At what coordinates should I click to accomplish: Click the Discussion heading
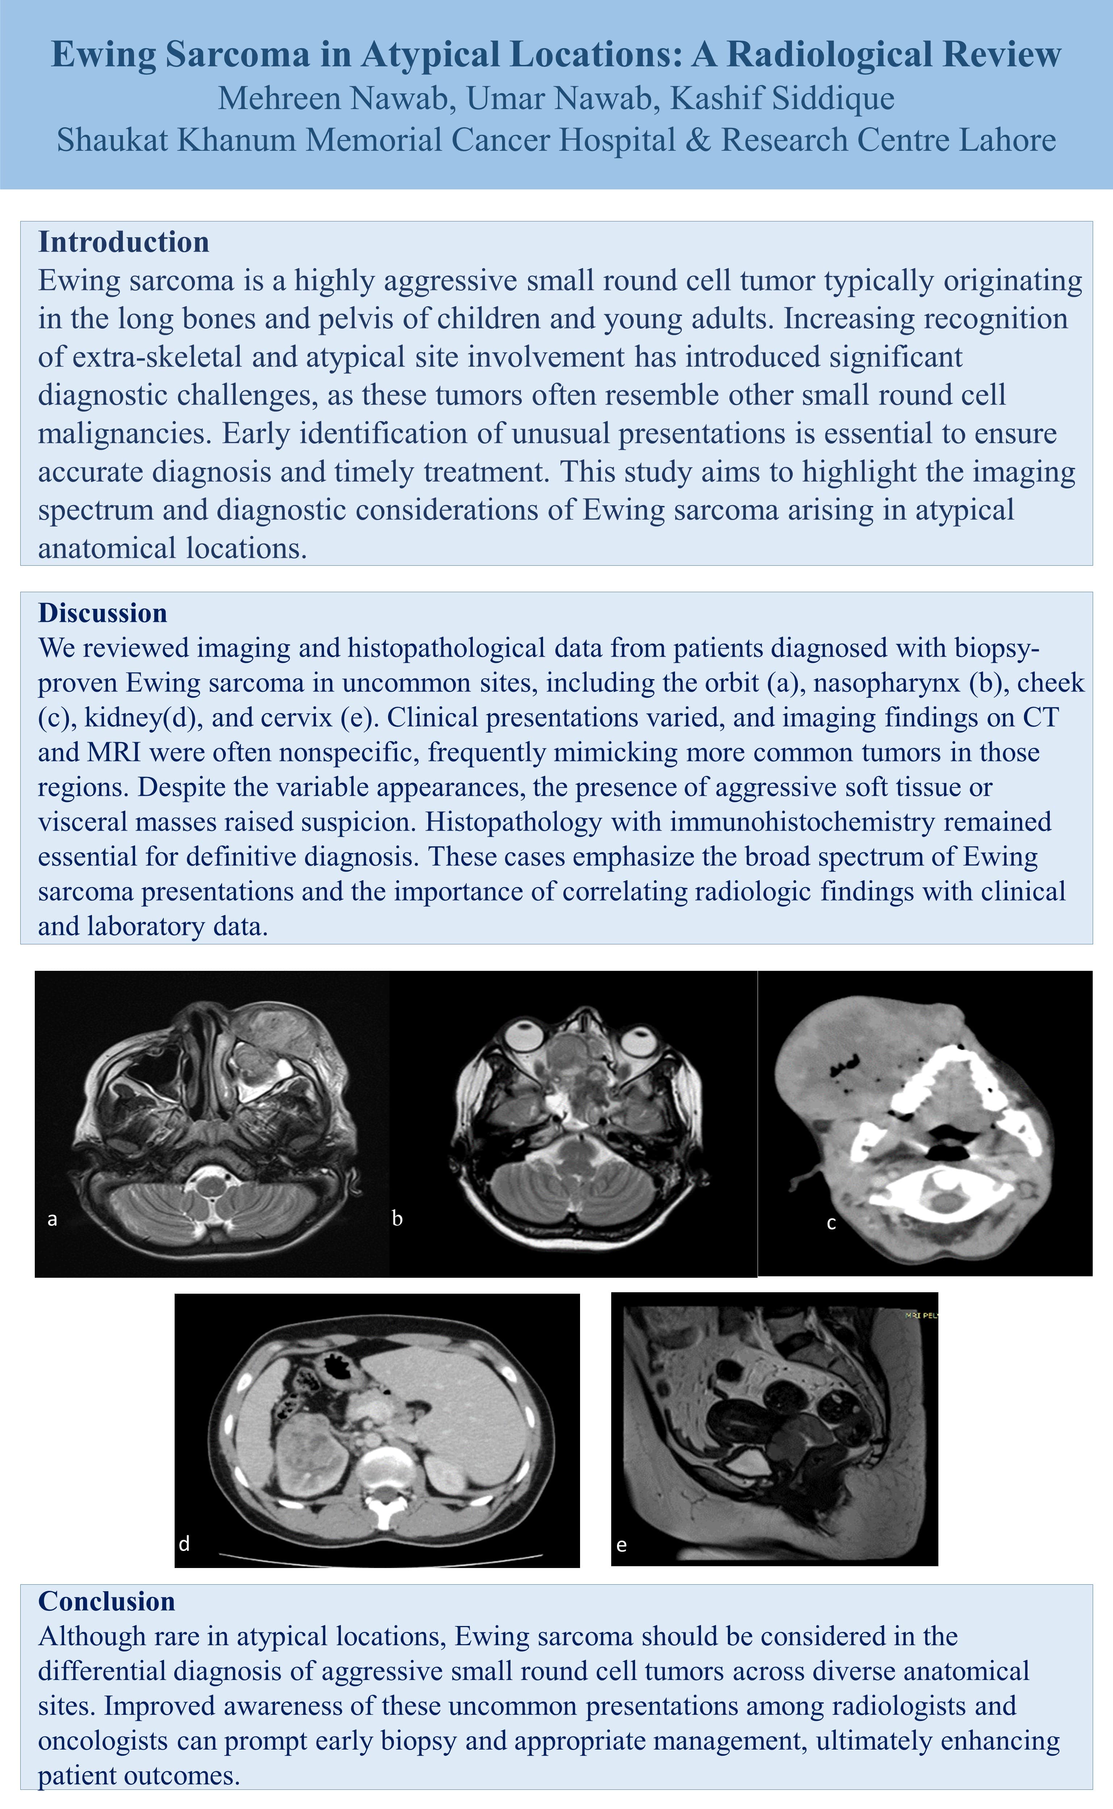pos(102,612)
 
